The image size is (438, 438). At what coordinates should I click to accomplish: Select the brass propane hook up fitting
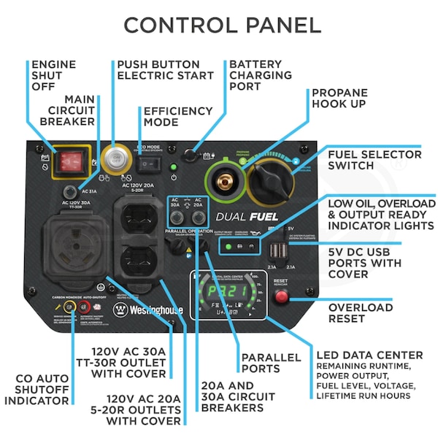click(x=227, y=178)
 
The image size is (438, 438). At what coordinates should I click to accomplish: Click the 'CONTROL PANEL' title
click(x=222, y=25)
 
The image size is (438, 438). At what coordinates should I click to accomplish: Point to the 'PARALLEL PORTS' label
click(x=271, y=363)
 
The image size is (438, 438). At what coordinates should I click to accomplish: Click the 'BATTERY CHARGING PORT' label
click(x=260, y=75)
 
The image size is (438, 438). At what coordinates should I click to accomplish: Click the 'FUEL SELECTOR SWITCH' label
click(x=374, y=160)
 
